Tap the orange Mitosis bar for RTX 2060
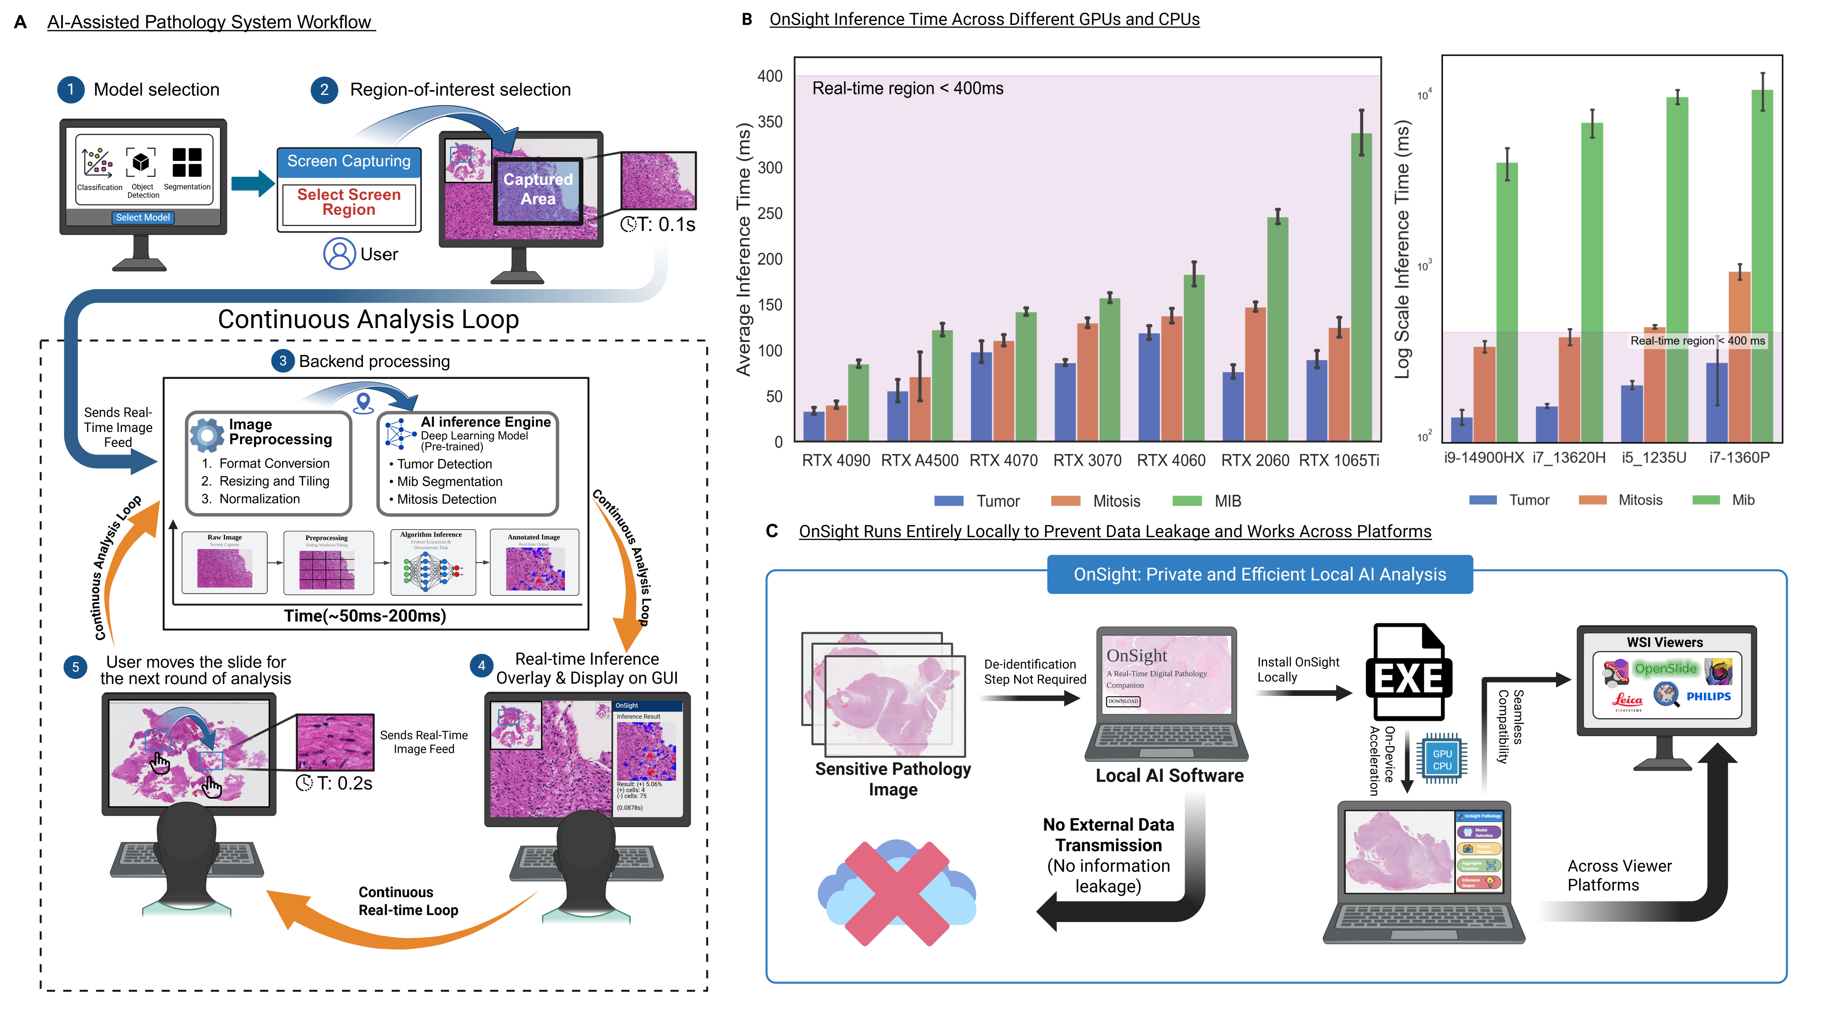coord(1256,375)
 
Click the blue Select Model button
coord(143,218)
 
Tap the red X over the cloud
coord(897,893)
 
